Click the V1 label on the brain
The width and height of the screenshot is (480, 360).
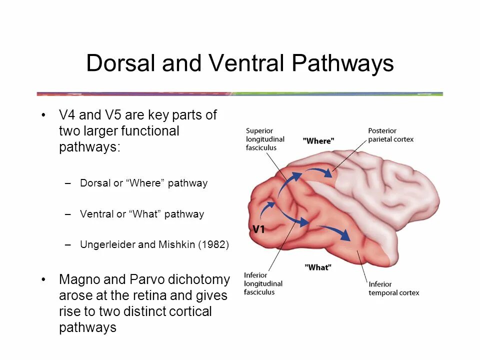[x=258, y=229]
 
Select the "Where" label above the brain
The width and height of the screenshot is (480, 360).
[x=318, y=141]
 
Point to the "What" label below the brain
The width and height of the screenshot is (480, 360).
[x=317, y=267]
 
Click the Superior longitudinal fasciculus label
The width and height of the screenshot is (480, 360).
[x=265, y=139]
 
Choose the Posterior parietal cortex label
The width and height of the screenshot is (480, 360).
[x=390, y=135]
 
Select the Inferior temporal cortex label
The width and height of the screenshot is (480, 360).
[x=393, y=288]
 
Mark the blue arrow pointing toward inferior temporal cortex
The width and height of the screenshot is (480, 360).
[x=334, y=231]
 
